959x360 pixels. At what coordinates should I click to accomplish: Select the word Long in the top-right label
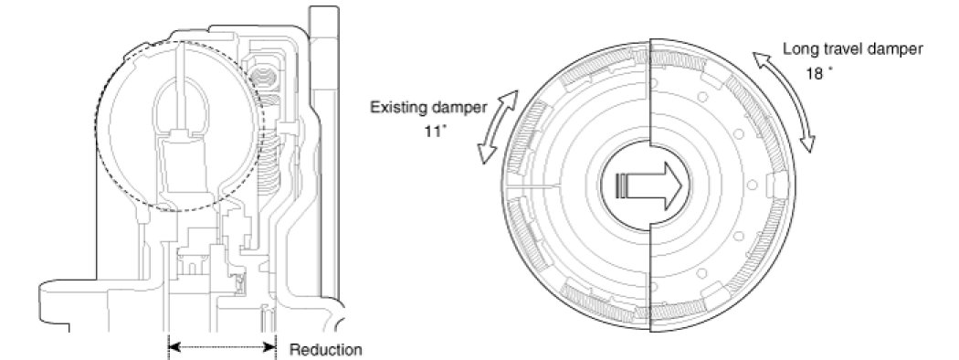(796, 50)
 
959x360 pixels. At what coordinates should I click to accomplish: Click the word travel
(835, 49)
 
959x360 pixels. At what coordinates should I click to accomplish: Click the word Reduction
(325, 350)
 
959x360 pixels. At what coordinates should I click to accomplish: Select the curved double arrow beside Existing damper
(497, 127)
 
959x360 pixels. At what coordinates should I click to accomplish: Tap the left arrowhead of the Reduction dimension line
(174, 347)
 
